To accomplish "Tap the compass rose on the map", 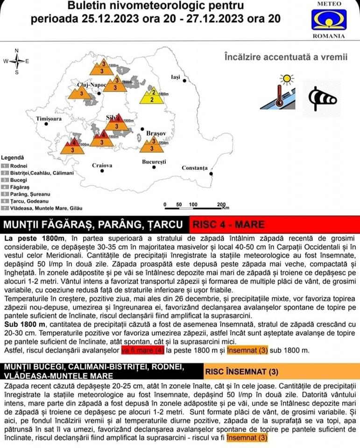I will (16, 61).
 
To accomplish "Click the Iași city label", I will (176, 77).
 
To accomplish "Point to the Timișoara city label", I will (49, 119).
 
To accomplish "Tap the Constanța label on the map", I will (194, 168).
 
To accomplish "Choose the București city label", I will (154, 161).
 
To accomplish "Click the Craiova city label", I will (102, 165).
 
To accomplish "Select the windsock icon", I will (323, 98).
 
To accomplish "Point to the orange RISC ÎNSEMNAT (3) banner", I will (280, 372).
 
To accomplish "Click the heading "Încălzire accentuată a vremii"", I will (286, 56).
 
